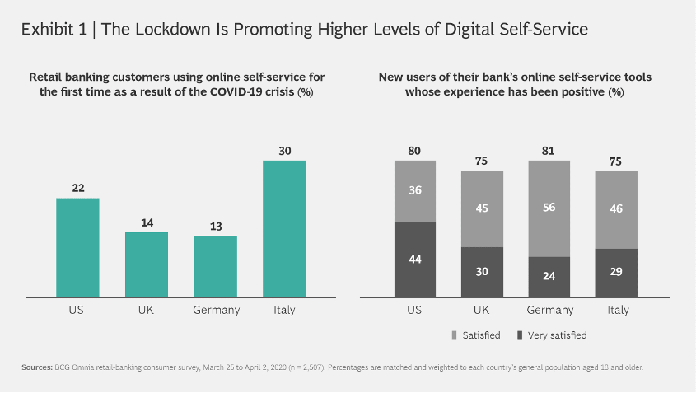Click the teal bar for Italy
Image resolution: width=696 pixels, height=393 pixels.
284,227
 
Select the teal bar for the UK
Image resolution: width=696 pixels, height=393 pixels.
147,264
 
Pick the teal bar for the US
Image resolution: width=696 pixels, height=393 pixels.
77,246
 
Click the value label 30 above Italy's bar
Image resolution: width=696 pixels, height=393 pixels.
284,151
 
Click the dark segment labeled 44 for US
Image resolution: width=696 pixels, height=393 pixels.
415,259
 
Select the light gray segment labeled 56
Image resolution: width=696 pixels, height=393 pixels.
549,208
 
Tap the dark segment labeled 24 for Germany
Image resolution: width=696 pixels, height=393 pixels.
549,276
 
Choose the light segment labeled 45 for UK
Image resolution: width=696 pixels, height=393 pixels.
483,208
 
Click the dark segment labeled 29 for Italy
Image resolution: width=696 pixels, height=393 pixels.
616,272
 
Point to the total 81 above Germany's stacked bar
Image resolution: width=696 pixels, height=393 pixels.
549,151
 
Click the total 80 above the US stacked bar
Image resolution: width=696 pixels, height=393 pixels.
415,151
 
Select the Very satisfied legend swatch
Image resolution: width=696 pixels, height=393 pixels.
518,335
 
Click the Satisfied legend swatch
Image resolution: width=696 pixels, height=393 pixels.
455,335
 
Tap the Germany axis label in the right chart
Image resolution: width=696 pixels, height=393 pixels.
549,311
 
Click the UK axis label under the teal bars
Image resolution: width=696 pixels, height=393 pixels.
147,311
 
